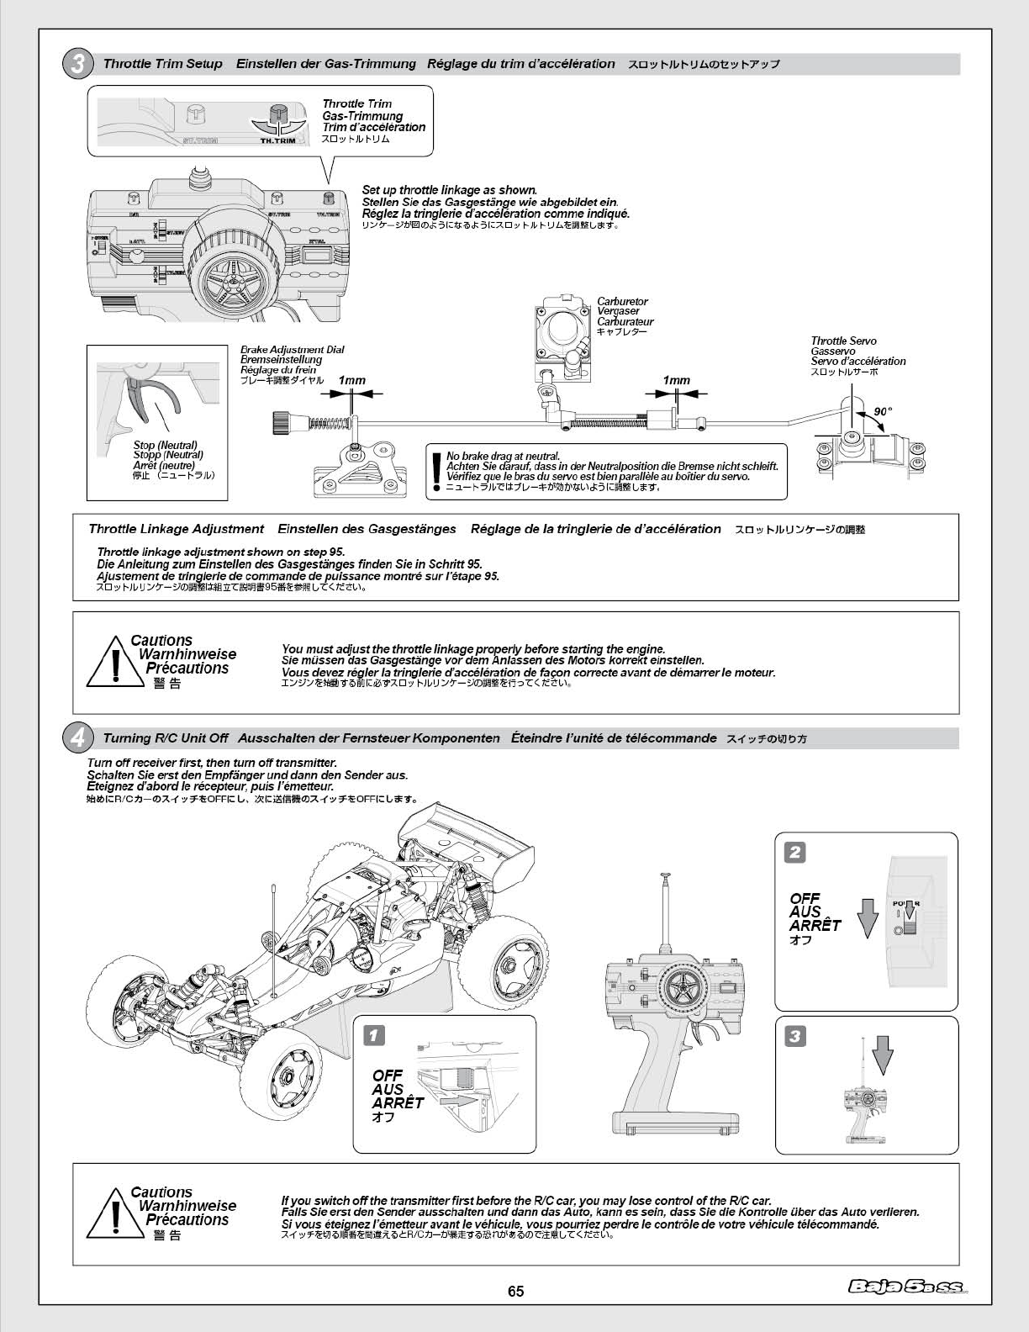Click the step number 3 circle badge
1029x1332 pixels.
tap(78, 65)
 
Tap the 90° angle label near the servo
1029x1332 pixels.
tap(882, 412)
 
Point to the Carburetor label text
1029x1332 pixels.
tap(623, 301)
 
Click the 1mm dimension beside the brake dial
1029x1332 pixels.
tap(351, 381)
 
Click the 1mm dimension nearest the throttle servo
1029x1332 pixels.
tap(676, 381)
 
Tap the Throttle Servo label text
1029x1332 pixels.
tap(844, 341)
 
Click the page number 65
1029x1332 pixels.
tap(515, 1292)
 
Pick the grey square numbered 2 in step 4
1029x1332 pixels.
tap(794, 852)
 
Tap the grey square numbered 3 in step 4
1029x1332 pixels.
tap(794, 1036)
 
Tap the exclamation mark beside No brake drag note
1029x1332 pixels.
tap(435, 471)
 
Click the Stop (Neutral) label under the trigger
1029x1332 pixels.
tap(166, 446)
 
